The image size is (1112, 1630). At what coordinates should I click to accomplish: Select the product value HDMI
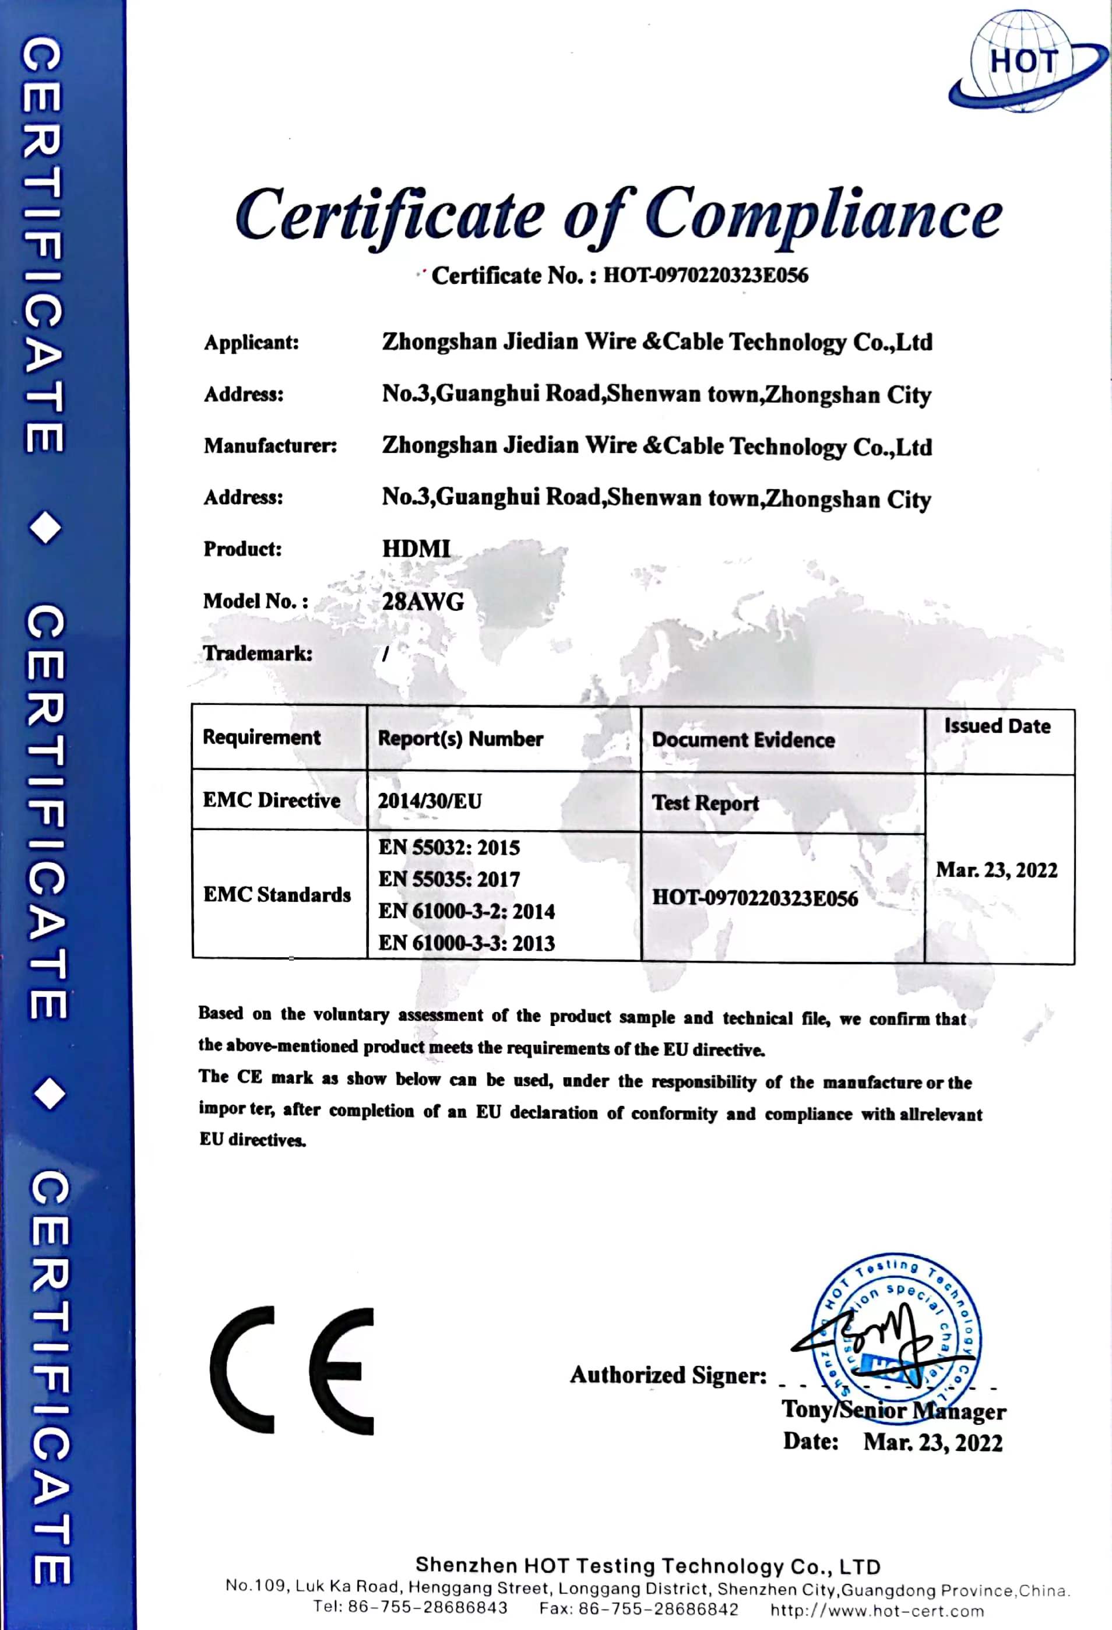(x=416, y=549)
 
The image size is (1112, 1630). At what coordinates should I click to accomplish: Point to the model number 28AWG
(x=423, y=602)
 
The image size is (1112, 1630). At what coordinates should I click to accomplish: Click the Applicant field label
(x=251, y=343)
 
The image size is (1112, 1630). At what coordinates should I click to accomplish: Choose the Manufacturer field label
(x=270, y=446)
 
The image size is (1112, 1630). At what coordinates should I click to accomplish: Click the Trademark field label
(x=258, y=654)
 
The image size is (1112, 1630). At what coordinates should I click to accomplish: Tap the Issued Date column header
(x=997, y=726)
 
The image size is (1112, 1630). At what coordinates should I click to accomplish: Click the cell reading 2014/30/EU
(x=430, y=801)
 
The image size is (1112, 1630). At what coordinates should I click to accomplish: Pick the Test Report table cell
(x=705, y=803)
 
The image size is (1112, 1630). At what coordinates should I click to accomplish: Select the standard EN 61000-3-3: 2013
(x=466, y=943)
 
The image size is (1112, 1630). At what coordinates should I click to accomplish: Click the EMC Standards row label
(x=277, y=895)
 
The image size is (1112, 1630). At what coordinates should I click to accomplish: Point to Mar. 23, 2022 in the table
(x=997, y=870)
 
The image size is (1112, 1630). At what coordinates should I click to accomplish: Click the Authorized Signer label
(x=668, y=1375)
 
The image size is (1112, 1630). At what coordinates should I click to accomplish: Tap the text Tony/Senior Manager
(x=894, y=1410)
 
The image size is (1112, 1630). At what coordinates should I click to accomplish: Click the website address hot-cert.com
(x=877, y=1610)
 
